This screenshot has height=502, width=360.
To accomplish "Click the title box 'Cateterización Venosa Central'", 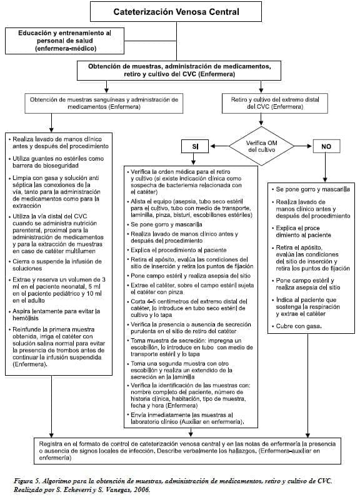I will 178,11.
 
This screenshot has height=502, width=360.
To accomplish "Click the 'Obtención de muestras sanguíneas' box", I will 104,103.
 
